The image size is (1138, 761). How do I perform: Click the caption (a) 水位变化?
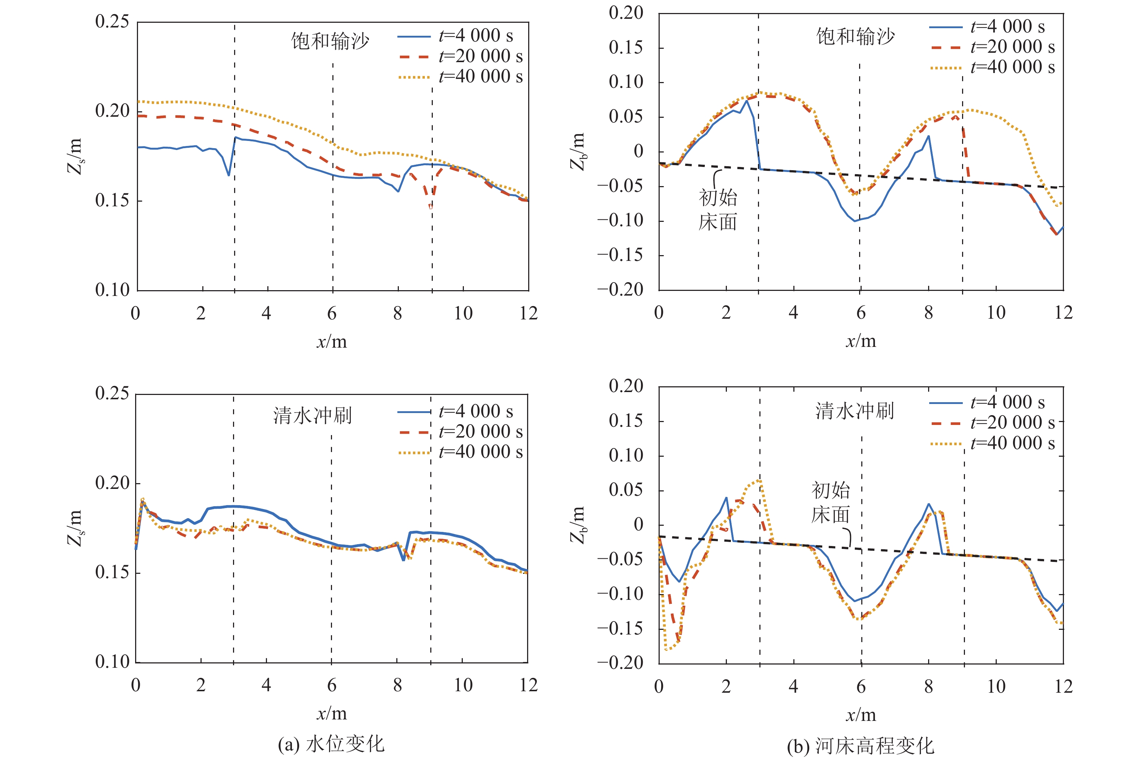331,744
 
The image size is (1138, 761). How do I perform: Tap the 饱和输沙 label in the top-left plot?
330,41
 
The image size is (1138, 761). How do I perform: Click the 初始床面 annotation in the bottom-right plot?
831,502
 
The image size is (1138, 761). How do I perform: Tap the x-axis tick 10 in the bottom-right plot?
996,686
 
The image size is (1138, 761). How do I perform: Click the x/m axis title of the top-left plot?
332,342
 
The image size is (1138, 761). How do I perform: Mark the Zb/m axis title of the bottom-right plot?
577,525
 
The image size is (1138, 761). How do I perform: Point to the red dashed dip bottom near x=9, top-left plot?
430,207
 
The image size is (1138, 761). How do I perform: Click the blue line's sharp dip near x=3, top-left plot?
229,175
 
